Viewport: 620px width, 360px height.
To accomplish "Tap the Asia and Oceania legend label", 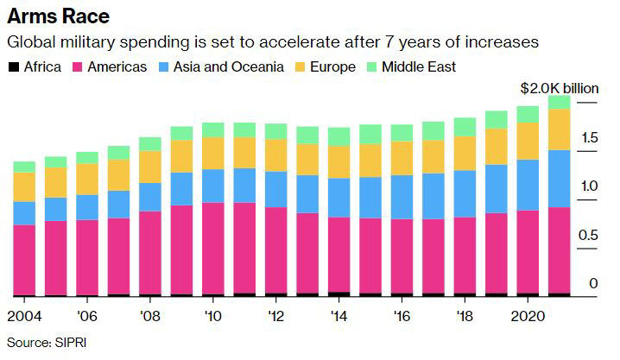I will [229, 66].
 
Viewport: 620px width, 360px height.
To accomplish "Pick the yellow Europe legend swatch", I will [301, 66].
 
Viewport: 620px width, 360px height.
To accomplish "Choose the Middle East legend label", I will [420, 66].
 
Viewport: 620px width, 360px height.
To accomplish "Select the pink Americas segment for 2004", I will [24, 260].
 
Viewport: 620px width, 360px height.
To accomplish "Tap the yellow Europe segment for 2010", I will [213, 153].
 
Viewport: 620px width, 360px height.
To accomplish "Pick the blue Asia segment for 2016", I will [402, 197].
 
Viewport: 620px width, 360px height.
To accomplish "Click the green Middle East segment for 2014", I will [338, 136].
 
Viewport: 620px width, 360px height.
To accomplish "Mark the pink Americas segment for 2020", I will [528, 251].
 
